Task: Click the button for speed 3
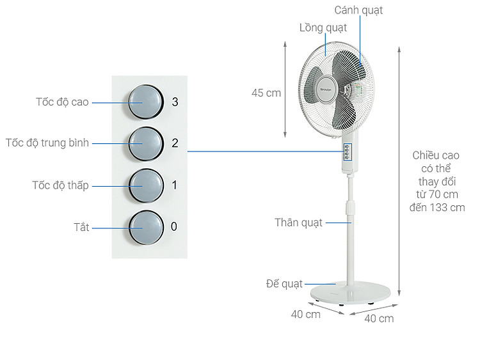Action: (x=146, y=102)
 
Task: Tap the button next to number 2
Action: (x=146, y=144)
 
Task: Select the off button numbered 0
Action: (x=146, y=228)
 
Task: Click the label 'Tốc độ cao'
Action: (x=62, y=102)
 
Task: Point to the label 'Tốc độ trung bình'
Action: (x=47, y=143)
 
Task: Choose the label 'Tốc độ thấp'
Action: (x=60, y=185)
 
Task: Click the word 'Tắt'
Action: (x=81, y=227)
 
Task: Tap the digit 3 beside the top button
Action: (x=175, y=102)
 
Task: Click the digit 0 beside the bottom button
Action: (x=174, y=226)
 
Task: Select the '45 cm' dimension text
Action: (x=266, y=93)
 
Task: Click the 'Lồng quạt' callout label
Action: (x=323, y=28)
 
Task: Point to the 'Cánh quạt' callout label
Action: (x=358, y=10)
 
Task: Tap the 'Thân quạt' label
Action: (x=298, y=223)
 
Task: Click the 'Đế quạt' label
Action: (x=284, y=284)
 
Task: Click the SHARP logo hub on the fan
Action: (x=326, y=90)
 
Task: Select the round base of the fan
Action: (x=350, y=292)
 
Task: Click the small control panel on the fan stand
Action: (x=347, y=152)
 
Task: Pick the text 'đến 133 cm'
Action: (x=437, y=208)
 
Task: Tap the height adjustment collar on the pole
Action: (x=350, y=207)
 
